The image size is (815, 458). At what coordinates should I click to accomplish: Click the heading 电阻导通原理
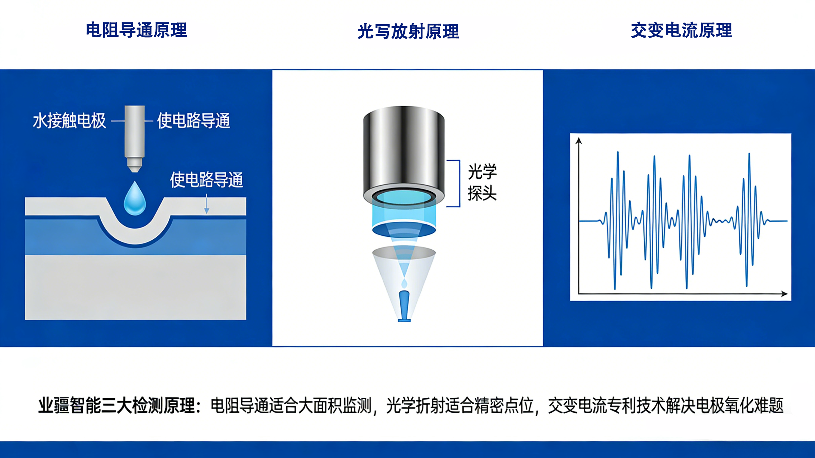pos(136,30)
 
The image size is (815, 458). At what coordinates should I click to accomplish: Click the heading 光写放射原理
pos(408,32)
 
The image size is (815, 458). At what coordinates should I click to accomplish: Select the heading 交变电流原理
pos(682,30)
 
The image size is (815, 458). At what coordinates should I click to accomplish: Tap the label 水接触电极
pos(69,121)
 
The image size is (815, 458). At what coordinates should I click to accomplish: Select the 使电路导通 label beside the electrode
pos(193,121)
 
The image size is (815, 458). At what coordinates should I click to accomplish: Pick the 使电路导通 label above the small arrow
pos(206,180)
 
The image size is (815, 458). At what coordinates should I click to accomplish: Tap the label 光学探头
pos(482,183)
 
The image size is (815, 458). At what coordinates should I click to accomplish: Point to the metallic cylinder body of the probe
pos(404,149)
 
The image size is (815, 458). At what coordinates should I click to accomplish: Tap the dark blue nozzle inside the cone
pos(404,305)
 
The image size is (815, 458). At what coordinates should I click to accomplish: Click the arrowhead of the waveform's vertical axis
pos(579,141)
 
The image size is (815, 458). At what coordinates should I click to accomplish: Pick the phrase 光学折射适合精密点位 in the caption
pos(460,405)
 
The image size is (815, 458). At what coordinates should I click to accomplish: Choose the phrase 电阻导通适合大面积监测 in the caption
pos(291,405)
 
